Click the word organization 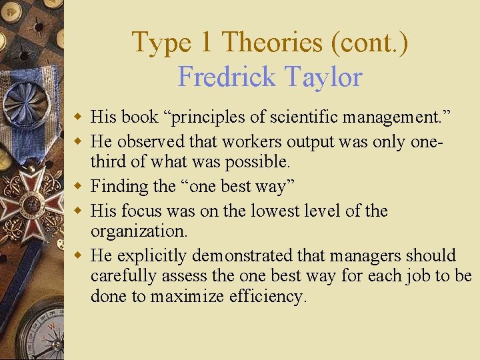[138, 231]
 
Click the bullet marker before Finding [79, 185]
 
